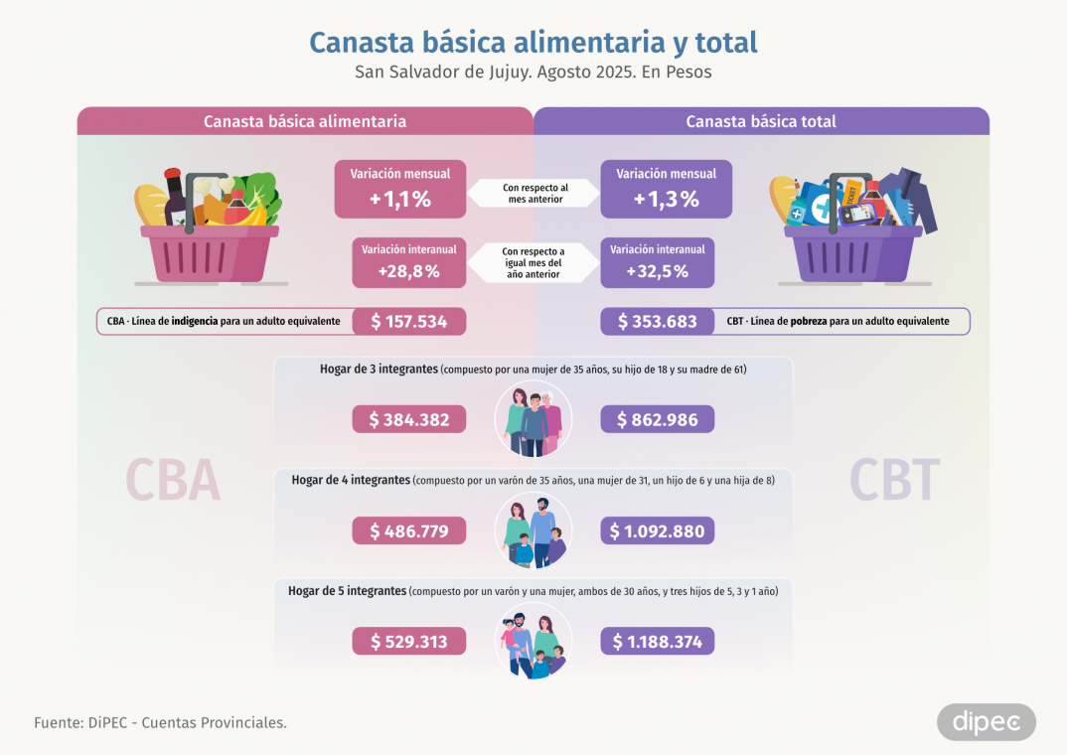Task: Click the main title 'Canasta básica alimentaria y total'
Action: click(533, 42)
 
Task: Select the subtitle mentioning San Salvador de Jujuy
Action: click(533, 73)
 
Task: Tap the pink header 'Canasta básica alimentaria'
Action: click(305, 121)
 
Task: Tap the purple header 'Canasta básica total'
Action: click(761, 121)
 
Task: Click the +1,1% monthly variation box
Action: click(399, 189)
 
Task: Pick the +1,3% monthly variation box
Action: click(666, 189)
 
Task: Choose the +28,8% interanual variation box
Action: click(408, 262)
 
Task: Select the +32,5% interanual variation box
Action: click(657, 262)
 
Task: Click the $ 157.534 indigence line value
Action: click(408, 321)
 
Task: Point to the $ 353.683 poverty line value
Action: click(657, 321)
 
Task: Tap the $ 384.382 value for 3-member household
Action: click(408, 419)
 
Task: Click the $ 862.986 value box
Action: click(657, 419)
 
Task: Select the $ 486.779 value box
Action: click(408, 531)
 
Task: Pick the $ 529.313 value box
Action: click(408, 642)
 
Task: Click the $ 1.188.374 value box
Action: click(657, 642)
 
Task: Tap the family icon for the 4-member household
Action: click(533, 530)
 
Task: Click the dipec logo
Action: click(986, 722)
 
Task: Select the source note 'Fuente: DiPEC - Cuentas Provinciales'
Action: click(160, 722)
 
